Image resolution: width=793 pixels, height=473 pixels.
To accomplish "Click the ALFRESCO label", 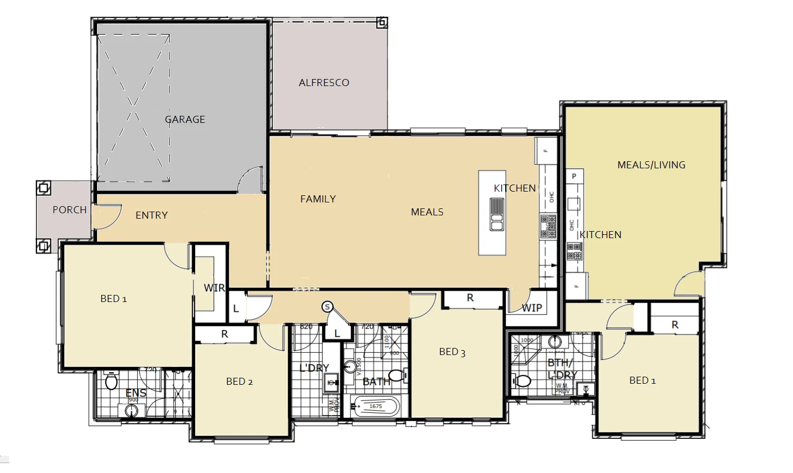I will [x=324, y=83].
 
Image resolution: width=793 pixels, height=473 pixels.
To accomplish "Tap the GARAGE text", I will [x=185, y=120].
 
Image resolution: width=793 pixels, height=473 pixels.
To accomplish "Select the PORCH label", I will [x=69, y=210].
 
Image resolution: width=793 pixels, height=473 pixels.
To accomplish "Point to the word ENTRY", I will [x=151, y=215].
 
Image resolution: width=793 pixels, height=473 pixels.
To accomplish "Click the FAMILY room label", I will [x=318, y=199].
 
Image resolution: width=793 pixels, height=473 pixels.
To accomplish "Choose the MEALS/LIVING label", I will [x=651, y=165].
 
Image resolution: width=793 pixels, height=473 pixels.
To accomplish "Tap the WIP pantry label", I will [x=531, y=308].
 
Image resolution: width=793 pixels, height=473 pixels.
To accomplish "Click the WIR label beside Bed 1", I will [x=214, y=288].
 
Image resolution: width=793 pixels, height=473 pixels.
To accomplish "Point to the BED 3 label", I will [x=452, y=352].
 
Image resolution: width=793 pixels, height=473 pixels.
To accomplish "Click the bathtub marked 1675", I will [x=375, y=406].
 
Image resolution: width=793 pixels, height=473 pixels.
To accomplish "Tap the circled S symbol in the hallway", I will [x=327, y=307].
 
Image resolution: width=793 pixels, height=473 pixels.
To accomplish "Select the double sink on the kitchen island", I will [x=497, y=214].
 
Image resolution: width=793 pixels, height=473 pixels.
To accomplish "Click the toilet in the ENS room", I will [x=112, y=382].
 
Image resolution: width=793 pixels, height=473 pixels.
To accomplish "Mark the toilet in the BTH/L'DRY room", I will [x=522, y=381].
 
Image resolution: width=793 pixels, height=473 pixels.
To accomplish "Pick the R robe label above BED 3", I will [x=470, y=298].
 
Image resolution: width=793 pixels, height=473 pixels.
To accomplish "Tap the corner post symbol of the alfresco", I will [x=382, y=23].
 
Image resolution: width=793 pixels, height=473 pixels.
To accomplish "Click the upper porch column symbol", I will [x=43, y=188].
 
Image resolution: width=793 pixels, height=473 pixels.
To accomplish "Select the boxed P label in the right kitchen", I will [x=574, y=176].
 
